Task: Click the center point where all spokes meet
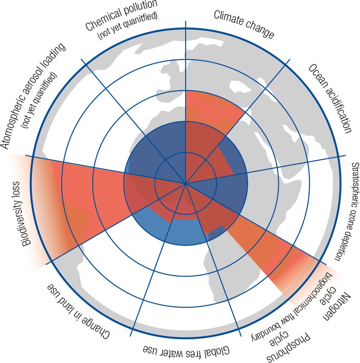[x=186, y=184]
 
